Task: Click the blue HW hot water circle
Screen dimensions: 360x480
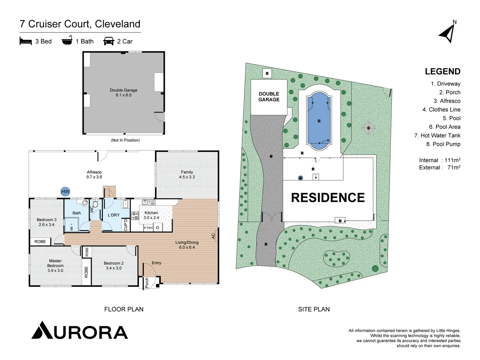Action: click(65, 191)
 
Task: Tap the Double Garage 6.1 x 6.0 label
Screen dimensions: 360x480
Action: click(123, 93)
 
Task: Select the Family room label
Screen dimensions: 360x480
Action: click(187, 174)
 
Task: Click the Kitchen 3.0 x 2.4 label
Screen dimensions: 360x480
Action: click(151, 215)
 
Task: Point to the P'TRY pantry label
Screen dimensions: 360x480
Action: click(148, 228)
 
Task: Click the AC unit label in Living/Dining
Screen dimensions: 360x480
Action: click(213, 236)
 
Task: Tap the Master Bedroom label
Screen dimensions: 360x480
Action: click(55, 266)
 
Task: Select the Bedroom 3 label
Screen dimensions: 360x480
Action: click(46, 222)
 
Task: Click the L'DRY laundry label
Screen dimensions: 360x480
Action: click(114, 215)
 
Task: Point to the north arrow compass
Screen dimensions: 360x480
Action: click(448, 33)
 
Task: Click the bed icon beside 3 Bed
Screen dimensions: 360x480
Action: click(26, 41)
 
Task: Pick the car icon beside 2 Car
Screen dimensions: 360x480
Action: click(109, 41)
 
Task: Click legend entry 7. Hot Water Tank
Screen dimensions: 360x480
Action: click(437, 135)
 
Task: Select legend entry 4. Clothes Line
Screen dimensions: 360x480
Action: click(441, 110)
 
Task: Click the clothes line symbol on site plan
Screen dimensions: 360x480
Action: click(369, 128)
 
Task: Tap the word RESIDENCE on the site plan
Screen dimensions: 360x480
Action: click(328, 198)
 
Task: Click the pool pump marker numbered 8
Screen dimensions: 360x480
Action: click(267, 73)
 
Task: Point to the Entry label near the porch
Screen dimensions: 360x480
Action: click(156, 263)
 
